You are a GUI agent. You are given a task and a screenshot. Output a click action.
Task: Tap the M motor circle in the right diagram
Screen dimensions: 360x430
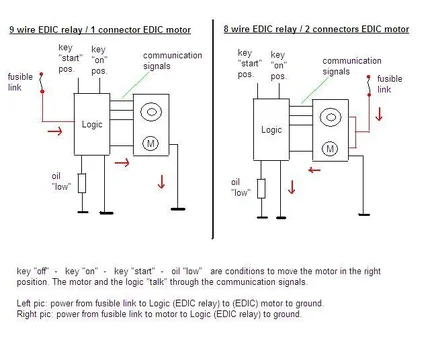click(x=329, y=149)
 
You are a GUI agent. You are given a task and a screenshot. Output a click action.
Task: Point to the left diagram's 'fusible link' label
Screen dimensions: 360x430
click(x=19, y=82)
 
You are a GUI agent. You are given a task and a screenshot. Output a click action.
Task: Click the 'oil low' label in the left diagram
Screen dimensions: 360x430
click(x=63, y=182)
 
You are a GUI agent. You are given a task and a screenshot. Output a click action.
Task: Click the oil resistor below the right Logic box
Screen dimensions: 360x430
click(x=259, y=187)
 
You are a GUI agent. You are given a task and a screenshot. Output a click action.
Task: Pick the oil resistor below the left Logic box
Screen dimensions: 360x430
click(x=82, y=183)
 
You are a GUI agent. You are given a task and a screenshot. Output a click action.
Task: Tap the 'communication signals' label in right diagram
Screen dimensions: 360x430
click(x=350, y=66)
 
